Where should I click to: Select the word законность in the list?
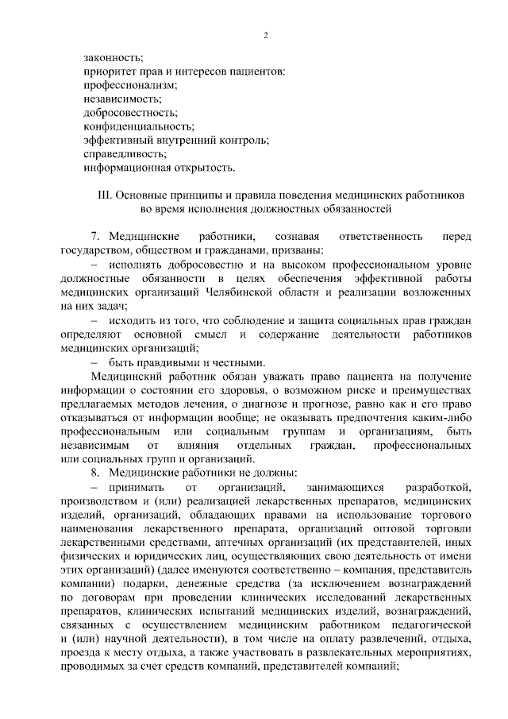114,57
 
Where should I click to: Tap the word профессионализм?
129,85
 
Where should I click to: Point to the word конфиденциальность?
139,126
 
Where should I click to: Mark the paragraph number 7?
95,237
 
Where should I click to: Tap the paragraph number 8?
95,472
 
